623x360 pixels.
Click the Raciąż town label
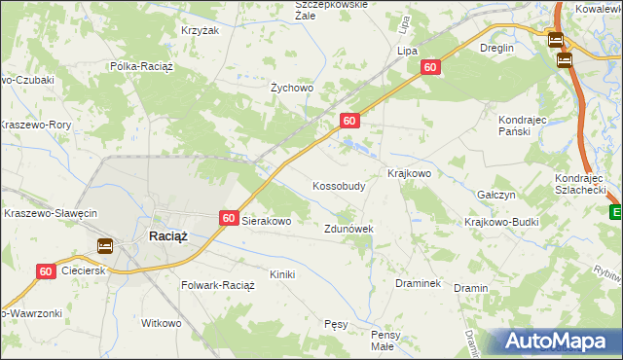[167, 235]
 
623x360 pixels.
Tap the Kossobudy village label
[339, 185]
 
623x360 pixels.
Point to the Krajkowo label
[409, 173]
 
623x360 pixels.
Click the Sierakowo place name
[267, 221]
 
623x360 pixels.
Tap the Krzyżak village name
[199, 30]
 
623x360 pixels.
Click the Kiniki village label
[282, 274]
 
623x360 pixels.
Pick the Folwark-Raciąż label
[218, 286]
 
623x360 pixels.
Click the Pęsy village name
[336, 324]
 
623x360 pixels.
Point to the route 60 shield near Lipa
[431, 66]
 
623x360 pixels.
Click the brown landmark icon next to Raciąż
[104, 246]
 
